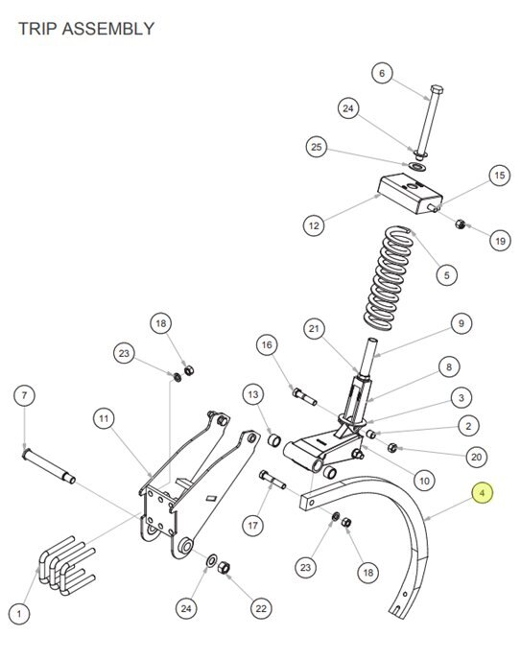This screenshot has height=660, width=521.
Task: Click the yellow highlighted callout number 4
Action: pyautogui.click(x=483, y=493)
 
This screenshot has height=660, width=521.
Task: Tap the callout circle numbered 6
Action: pyautogui.click(x=382, y=73)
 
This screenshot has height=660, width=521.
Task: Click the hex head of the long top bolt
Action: pyautogui.click(x=438, y=90)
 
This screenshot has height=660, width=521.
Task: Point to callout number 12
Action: pyautogui.click(x=314, y=225)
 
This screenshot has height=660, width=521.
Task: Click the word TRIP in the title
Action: pyautogui.click(x=37, y=29)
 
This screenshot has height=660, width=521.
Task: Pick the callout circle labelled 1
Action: pyautogui.click(x=19, y=614)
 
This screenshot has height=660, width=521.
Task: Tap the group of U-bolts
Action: pyautogui.click(x=66, y=565)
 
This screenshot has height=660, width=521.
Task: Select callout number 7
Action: pyautogui.click(x=24, y=395)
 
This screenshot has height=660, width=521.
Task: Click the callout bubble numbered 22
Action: pyautogui.click(x=261, y=608)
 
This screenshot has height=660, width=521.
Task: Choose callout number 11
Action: pyautogui.click(x=104, y=419)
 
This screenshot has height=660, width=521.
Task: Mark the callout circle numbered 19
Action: pyautogui.click(x=501, y=241)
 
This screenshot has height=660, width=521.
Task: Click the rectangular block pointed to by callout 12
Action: pyautogui.click(x=411, y=194)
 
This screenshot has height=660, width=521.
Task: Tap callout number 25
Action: pyautogui.click(x=317, y=147)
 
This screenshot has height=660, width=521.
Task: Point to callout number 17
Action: pyautogui.click(x=253, y=526)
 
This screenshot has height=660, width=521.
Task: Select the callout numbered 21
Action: pyautogui.click(x=315, y=329)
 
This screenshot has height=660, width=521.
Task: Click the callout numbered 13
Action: pyautogui.click(x=253, y=395)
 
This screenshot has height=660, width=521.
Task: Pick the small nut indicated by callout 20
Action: pyautogui.click(x=392, y=447)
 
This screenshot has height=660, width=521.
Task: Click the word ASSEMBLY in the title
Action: pyautogui.click(x=108, y=29)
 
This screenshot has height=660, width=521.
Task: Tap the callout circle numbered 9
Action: pyautogui.click(x=462, y=323)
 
